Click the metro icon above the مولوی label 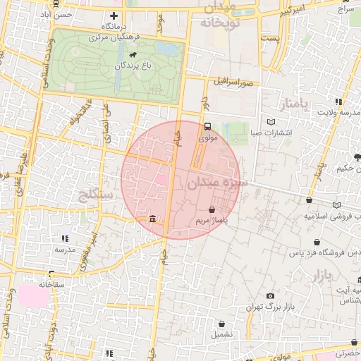point(207,127)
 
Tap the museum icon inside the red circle point(153,220)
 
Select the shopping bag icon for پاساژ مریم point(212,209)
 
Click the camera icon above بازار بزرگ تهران point(270,296)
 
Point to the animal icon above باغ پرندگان point(133,54)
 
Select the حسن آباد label point(57,14)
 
